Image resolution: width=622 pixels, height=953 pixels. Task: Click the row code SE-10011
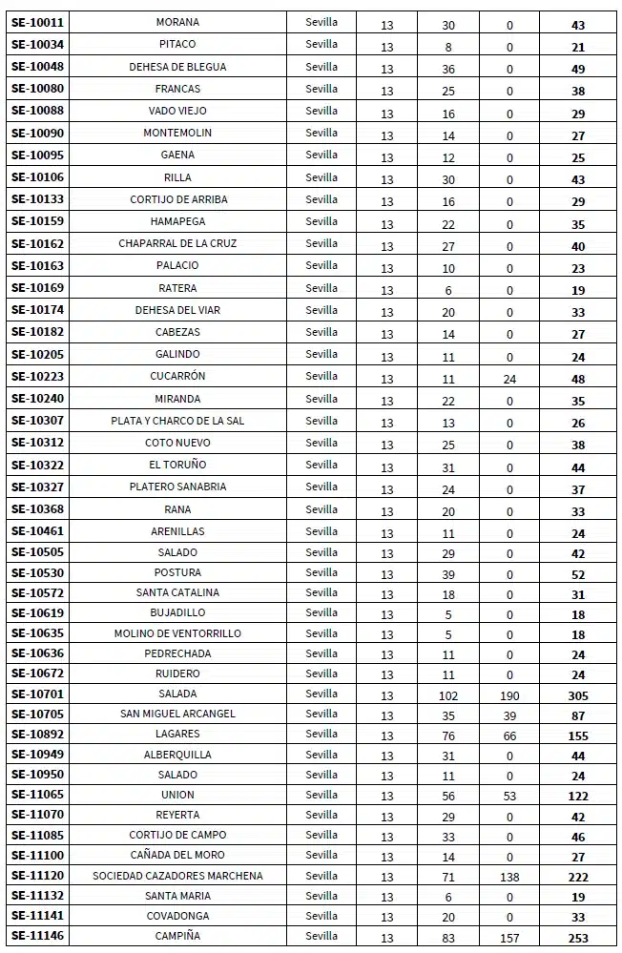pos(37,23)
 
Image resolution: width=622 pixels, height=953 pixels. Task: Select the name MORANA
pos(177,23)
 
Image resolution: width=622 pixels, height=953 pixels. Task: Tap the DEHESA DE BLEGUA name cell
pos(177,67)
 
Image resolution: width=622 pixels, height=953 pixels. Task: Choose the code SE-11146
pos(37,937)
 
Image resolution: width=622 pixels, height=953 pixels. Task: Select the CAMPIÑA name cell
pos(177,937)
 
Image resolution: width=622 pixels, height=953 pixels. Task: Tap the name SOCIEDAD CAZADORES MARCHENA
pos(177,876)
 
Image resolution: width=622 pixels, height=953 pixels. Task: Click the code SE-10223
pos(37,377)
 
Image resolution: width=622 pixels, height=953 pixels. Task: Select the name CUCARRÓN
pos(177,377)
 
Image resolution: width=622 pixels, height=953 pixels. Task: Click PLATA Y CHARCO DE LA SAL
pos(177,421)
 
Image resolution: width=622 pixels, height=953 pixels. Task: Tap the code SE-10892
pos(37,735)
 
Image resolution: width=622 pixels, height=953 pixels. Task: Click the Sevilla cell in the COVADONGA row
pos(321,916)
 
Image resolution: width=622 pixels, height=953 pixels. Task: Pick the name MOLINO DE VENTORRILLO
pos(177,633)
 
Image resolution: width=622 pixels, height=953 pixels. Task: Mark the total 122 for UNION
pos(578,797)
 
